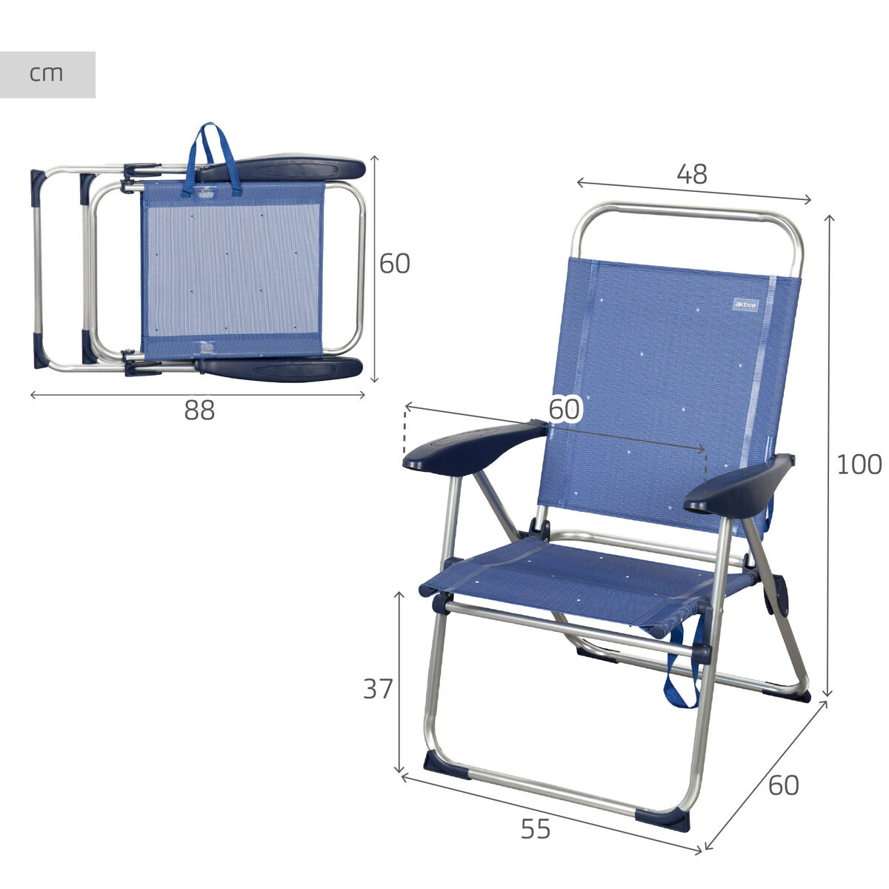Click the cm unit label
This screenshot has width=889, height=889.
click(x=46, y=74)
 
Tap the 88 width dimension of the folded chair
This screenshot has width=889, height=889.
click(x=199, y=410)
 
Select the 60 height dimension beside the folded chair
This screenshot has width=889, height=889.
click(x=394, y=264)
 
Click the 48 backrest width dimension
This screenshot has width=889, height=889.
click(x=692, y=174)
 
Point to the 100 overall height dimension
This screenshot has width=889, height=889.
click(x=859, y=465)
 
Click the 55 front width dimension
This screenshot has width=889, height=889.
click(x=536, y=829)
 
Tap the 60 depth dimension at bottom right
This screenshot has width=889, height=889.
click(x=784, y=785)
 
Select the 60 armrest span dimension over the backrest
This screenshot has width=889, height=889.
click(x=565, y=409)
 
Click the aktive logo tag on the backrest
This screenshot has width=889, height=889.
click(x=745, y=304)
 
